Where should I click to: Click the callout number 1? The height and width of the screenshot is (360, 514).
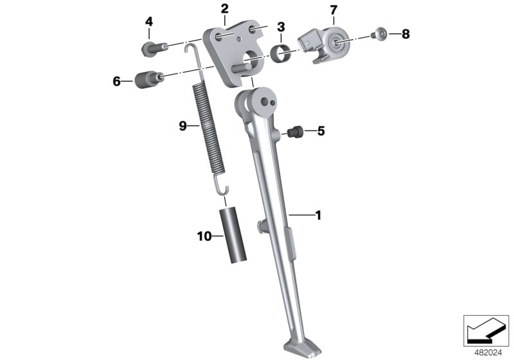tap(318, 215)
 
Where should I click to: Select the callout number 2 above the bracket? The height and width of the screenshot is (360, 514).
tap(224, 9)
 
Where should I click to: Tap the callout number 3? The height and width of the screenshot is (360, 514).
tap(281, 27)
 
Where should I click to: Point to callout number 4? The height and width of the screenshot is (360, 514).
tap(149, 22)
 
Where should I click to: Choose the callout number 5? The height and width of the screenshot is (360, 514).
tap(321, 131)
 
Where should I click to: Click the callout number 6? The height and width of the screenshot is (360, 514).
tap(117, 81)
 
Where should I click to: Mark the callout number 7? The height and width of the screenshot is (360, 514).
tap(333, 10)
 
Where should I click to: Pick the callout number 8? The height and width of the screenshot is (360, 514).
tap(406, 34)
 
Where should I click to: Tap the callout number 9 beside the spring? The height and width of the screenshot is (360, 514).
tap(183, 125)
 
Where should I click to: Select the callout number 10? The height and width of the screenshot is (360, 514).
tap(204, 236)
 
